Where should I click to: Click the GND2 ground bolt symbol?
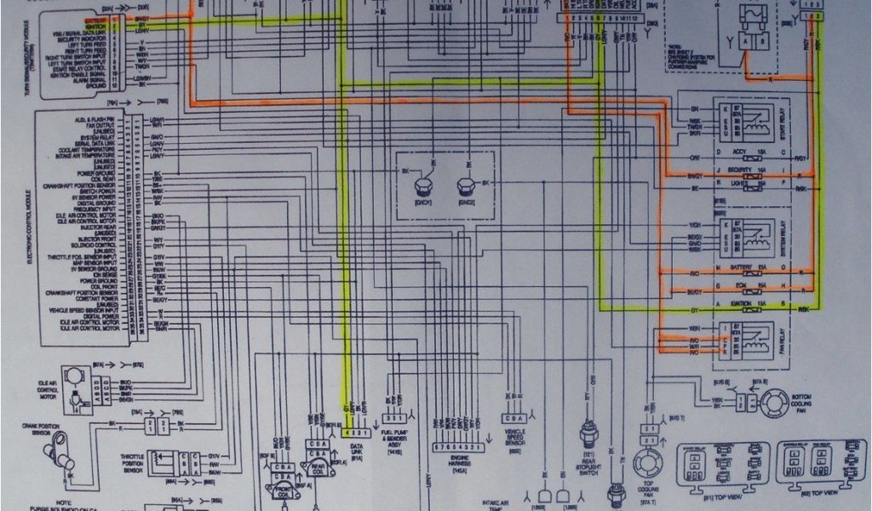[x=466, y=186]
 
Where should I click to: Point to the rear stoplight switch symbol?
[x=587, y=433]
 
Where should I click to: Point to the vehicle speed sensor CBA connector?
[x=513, y=418]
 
